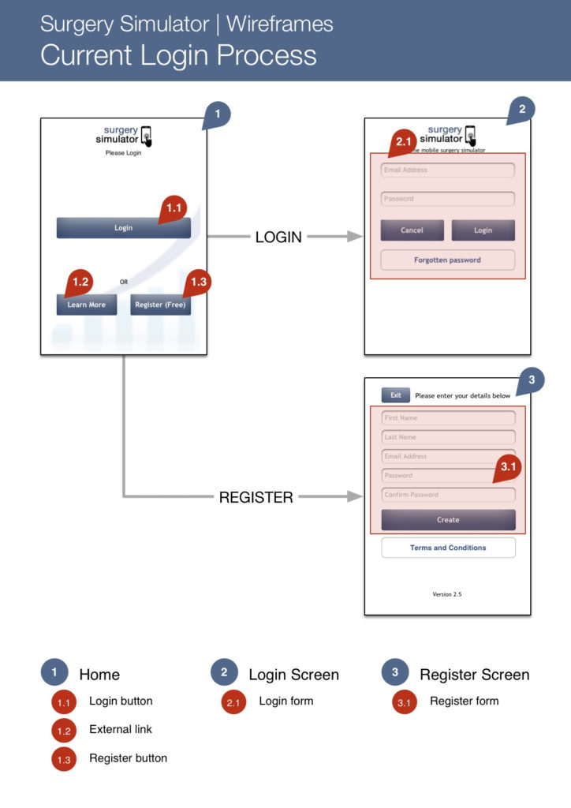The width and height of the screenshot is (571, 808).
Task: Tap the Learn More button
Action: click(x=86, y=305)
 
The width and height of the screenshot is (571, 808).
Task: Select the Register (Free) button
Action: click(x=160, y=305)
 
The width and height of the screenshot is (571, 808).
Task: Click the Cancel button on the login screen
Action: click(x=412, y=230)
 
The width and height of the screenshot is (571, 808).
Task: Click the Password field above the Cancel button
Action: click(x=447, y=199)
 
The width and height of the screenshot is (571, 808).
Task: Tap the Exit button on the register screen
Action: click(x=395, y=395)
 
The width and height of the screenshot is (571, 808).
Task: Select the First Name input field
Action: click(x=447, y=418)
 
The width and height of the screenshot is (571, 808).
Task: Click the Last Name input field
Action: click(x=447, y=437)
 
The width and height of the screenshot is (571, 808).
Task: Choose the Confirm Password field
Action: click(x=447, y=495)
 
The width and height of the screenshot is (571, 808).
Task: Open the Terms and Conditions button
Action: click(x=448, y=548)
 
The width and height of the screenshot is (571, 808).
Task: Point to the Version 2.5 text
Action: click(x=447, y=594)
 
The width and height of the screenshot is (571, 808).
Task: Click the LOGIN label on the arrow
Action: click(x=278, y=237)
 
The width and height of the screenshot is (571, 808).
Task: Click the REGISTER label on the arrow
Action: click(x=256, y=498)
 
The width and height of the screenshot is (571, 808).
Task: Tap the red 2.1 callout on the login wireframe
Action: click(x=405, y=142)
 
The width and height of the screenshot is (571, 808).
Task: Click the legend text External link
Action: click(x=121, y=730)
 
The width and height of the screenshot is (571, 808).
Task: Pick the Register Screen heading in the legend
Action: click(x=474, y=675)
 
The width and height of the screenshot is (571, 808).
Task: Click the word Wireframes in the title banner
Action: click(x=280, y=24)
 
